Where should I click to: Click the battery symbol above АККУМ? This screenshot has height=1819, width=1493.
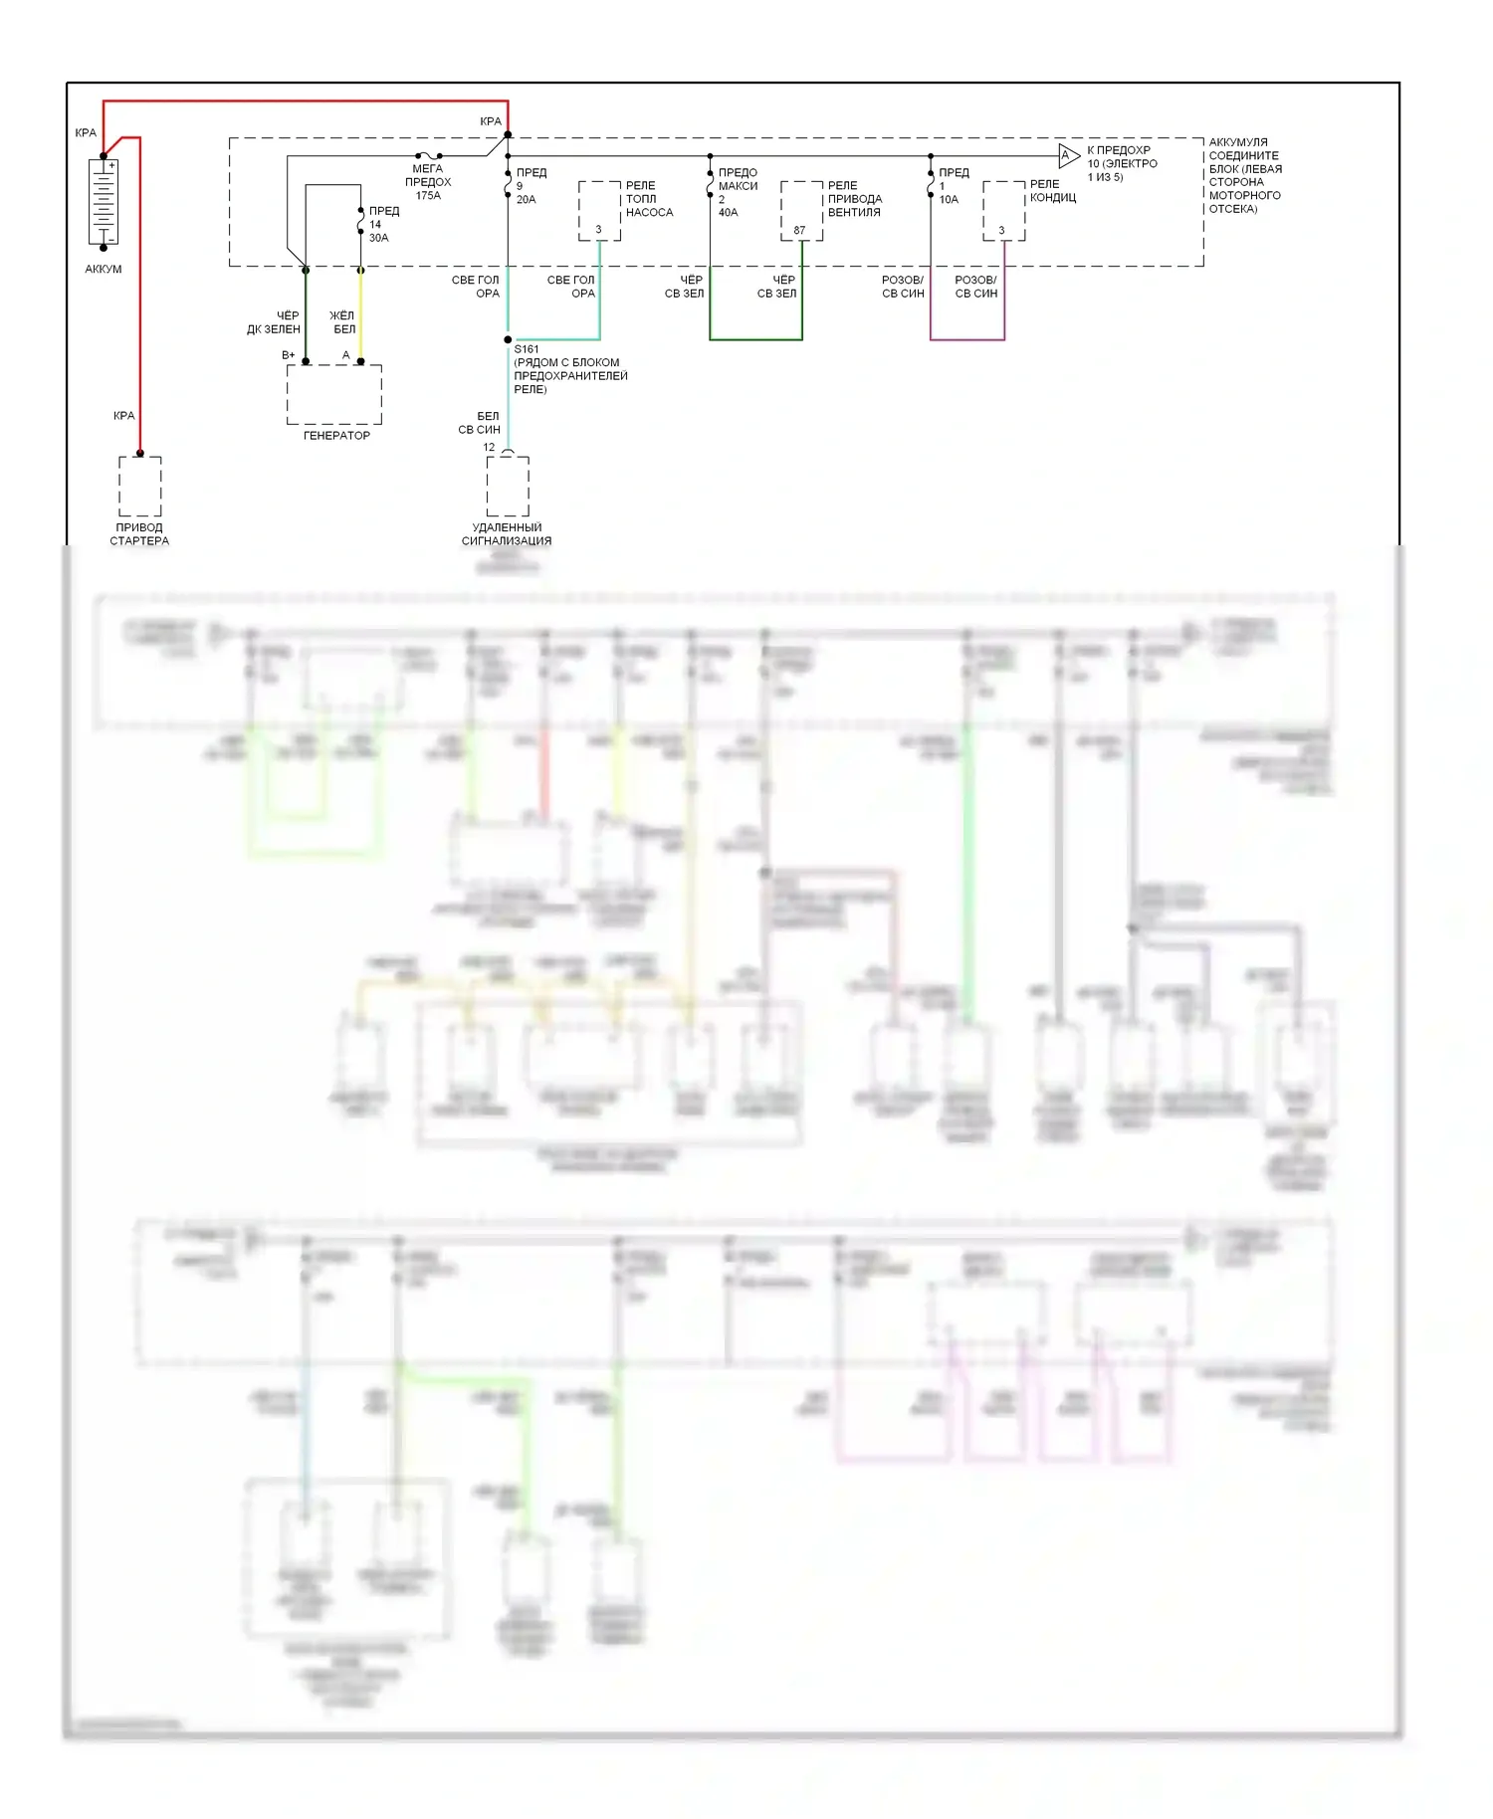104,203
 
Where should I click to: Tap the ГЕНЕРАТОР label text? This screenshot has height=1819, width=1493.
336,436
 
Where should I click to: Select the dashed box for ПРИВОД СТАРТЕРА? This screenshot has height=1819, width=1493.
140,487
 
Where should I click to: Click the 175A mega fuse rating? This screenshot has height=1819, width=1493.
428,196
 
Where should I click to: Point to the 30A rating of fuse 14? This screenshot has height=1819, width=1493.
378,239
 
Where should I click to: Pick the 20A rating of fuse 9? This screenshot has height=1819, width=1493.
526,200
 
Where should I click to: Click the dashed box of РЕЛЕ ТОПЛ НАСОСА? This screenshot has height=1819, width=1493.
599,211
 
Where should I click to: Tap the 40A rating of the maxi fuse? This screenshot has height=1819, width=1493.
728,213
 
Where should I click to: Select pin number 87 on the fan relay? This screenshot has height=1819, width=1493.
798,231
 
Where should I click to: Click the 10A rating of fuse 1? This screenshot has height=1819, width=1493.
949,200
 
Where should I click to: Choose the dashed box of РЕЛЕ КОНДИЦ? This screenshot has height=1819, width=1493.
1003,211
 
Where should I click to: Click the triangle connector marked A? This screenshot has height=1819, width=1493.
1068,155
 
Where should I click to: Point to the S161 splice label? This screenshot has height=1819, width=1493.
527,349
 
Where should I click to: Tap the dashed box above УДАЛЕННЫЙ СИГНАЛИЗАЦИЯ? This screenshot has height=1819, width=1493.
508,487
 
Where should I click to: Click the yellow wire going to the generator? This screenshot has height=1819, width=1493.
360,313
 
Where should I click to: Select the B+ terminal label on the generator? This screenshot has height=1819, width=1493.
289,355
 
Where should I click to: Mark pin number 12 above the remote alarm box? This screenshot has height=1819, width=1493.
489,448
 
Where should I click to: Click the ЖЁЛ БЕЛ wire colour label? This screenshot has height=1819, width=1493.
342,322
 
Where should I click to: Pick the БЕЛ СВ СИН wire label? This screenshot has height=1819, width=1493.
480,423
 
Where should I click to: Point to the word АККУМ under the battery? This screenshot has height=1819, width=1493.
104,270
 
